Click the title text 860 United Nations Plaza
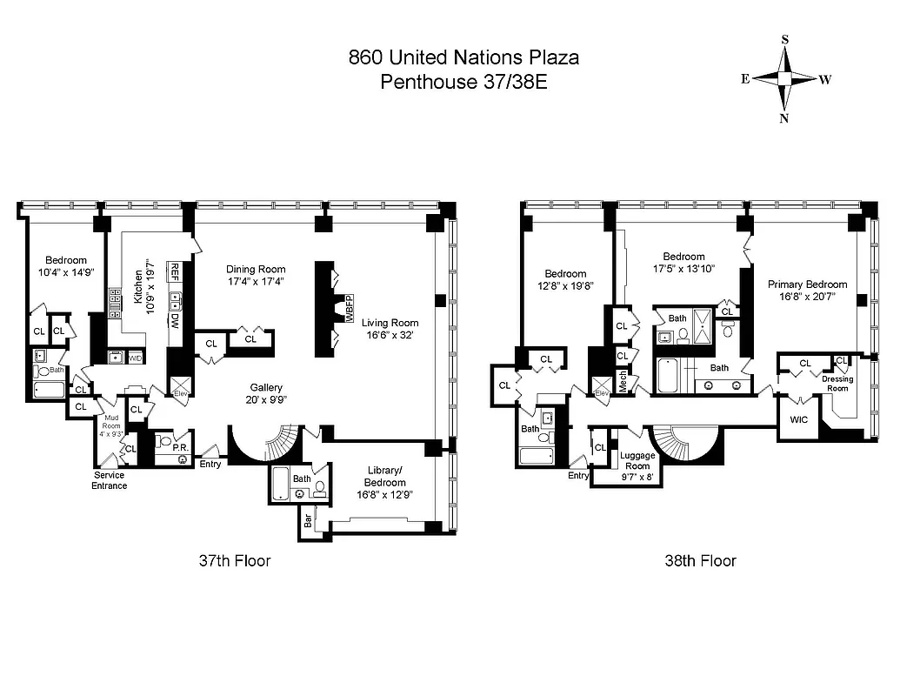pos(463,58)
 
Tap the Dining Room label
pos(256,269)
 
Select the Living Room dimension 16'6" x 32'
pos(390,334)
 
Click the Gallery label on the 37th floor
pos(266,388)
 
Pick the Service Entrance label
pos(110,480)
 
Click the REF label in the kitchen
pos(175,271)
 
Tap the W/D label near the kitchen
pos(136,358)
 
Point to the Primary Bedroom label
pos(807,284)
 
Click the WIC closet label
pos(799,419)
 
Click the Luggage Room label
pos(637,460)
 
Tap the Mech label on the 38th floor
pos(623,381)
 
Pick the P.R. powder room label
pos(181,448)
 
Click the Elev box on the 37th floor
pos(180,388)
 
